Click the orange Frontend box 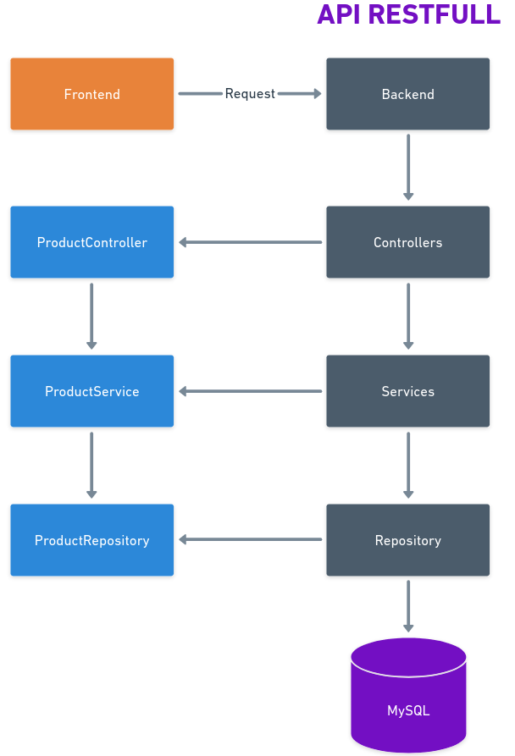pos(91,94)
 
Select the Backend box pos(407,94)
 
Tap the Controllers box pos(407,242)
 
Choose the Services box pos(407,391)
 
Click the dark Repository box pos(407,540)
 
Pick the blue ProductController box pos(91,242)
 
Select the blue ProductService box pos(91,391)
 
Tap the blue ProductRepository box pos(91,540)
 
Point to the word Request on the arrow pos(250,94)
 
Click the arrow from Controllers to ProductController pos(250,242)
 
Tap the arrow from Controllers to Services pos(408,316)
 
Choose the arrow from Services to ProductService pos(250,391)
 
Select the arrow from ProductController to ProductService pos(91,316)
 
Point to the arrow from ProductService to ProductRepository pos(91,465)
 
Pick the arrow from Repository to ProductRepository pos(250,540)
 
